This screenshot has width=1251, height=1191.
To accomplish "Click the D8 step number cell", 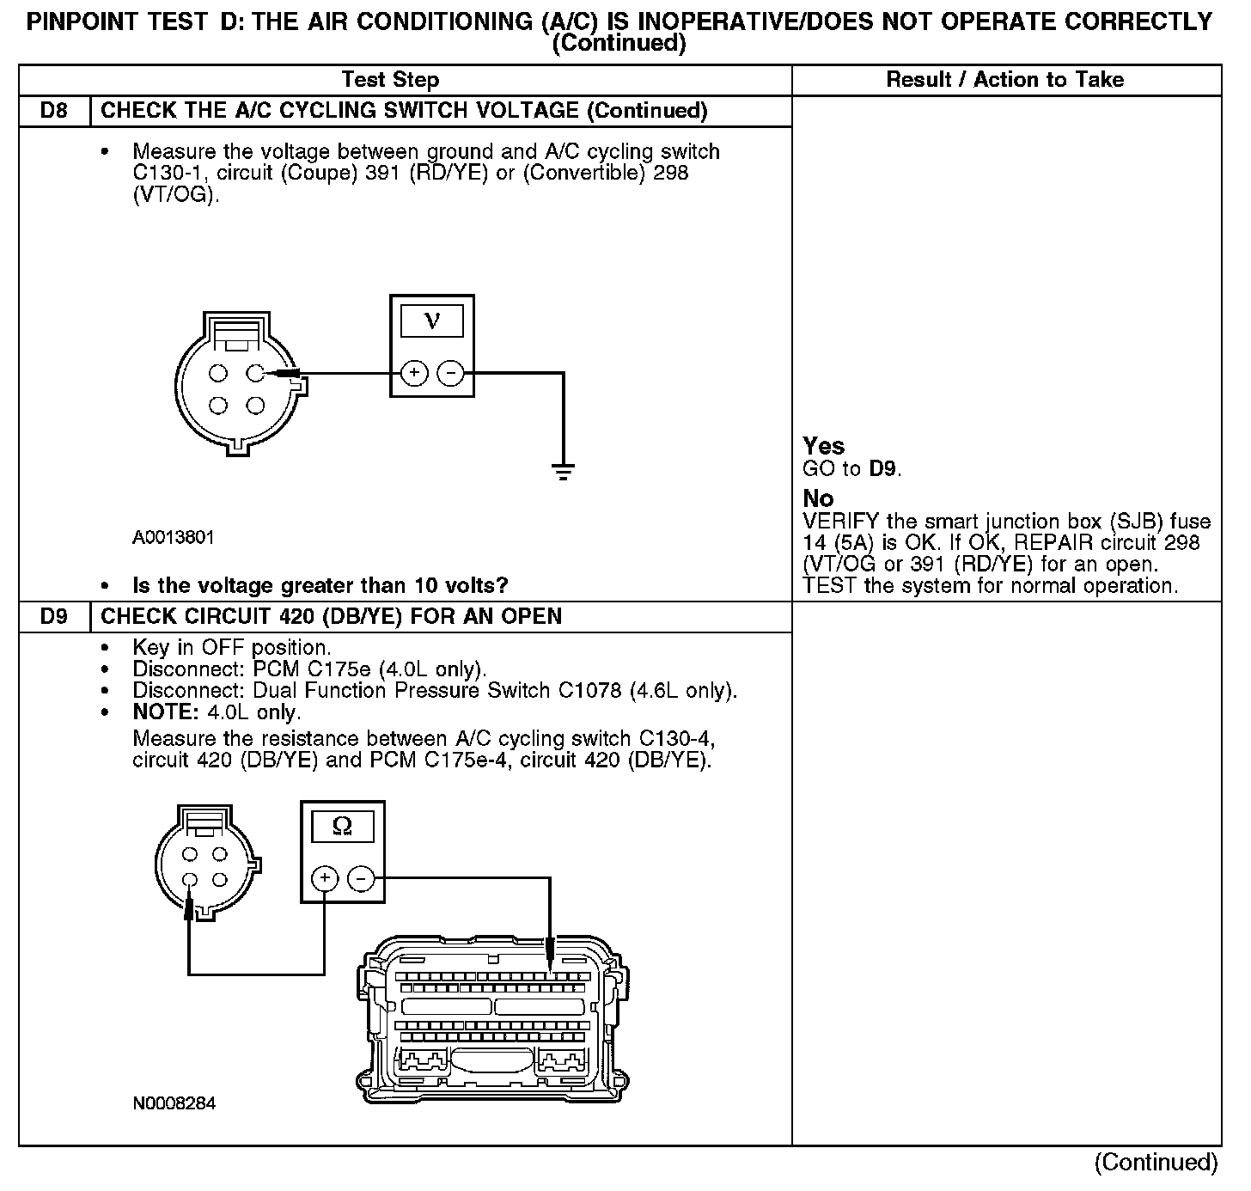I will [x=53, y=111].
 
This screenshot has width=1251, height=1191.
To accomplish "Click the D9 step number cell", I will [x=53, y=617].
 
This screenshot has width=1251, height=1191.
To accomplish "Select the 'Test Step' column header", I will [x=390, y=80].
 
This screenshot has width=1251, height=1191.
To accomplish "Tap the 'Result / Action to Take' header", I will [x=1004, y=80].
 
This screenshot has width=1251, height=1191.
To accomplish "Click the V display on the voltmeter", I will [x=431, y=321].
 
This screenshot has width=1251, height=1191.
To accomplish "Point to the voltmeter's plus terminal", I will [x=414, y=373].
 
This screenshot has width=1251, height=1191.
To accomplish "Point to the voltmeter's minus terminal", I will [x=450, y=373].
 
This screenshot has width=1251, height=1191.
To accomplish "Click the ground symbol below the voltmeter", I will [x=563, y=471].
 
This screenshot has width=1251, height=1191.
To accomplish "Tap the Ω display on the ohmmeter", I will [x=342, y=827].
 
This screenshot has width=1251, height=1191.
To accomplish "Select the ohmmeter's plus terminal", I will [x=324, y=878].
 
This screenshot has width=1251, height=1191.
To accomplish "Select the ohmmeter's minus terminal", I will [x=361, y=878].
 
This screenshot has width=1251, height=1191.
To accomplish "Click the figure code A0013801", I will [x=174, y=538].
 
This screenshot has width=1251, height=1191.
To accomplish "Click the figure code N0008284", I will [x=174, y=1103].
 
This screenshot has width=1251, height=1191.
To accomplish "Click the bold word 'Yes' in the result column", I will [x=823, y=446].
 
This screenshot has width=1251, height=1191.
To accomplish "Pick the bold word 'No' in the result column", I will [x=818, y=498].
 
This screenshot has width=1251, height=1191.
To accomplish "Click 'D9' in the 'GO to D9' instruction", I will [x=883, y=469].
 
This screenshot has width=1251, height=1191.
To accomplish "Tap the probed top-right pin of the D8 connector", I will [x=253, y=373].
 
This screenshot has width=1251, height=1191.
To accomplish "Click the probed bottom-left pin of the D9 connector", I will [x=191, y=880].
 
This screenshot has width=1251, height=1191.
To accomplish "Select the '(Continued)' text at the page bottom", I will [x=1156, y=1163].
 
